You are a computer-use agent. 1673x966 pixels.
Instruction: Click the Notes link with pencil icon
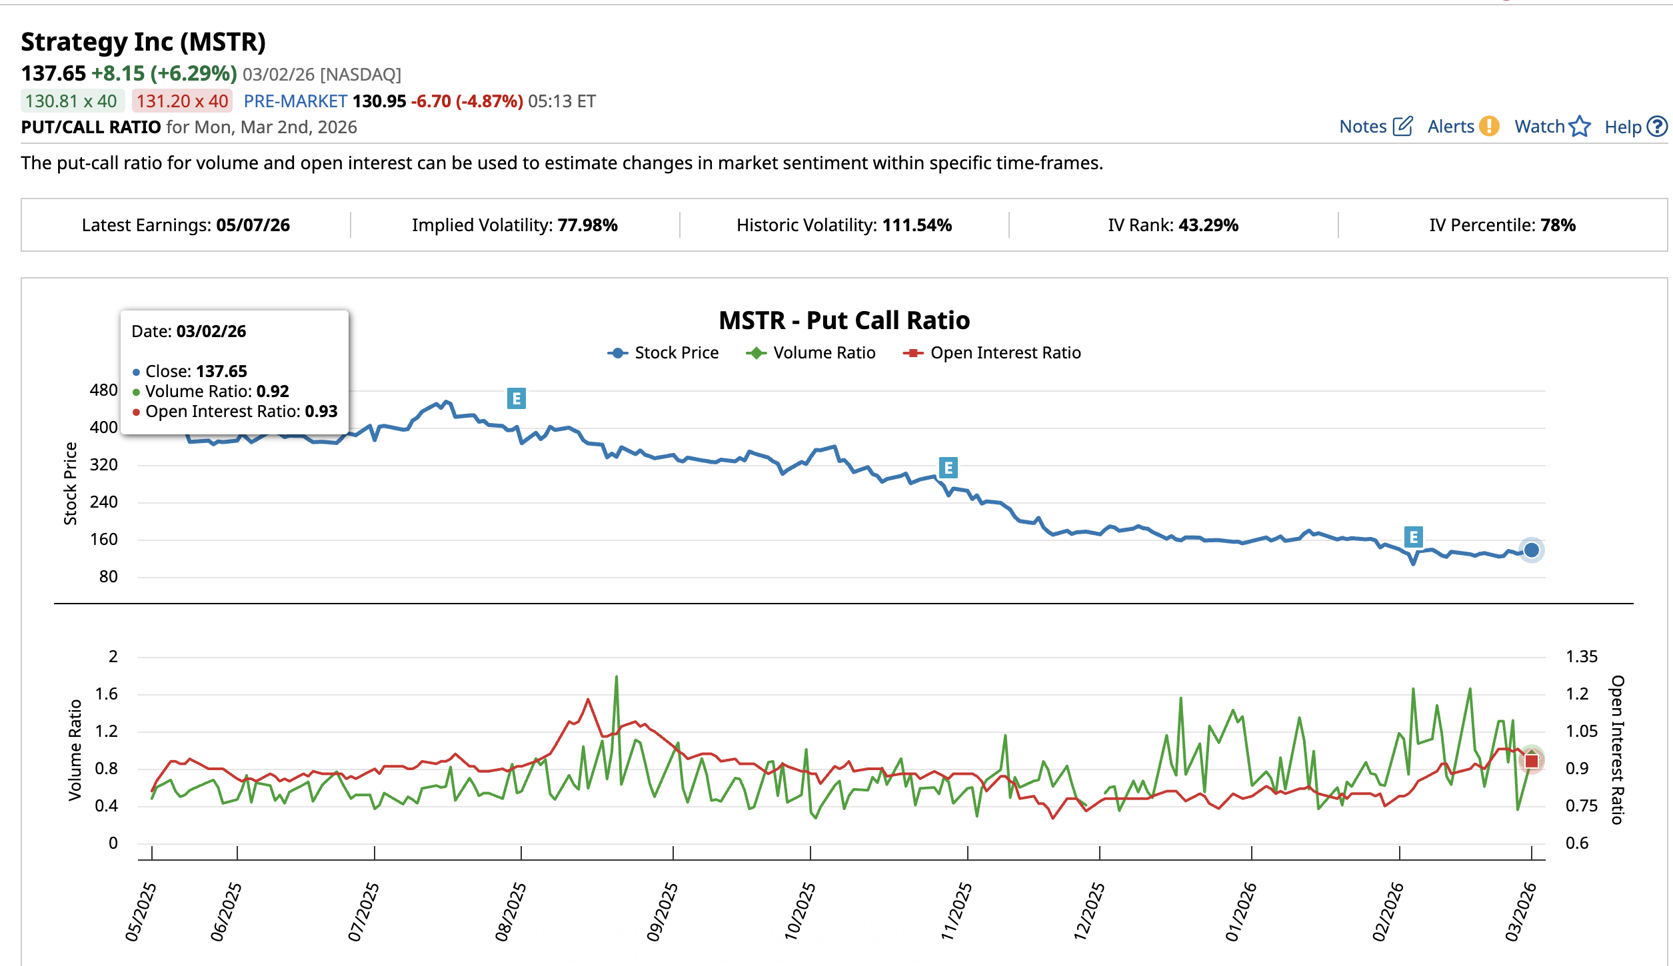pyautogui.click(x=1375, y=127)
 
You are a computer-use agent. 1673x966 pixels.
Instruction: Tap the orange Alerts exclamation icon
pyautogui.click(x=1488, y=126)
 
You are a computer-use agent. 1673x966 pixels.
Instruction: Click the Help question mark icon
pyautogui.click(x=1656, y=127)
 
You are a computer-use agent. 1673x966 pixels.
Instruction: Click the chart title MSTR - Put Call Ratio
pyautogui.click(x=844, y=320)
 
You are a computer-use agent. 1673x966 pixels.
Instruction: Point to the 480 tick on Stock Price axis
pyautogui.click(x=103, y=390)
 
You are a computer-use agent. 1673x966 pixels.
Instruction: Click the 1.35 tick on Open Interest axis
pyautogui.click(x=1581, y=657)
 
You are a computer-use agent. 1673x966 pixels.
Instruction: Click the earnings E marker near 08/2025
pyautogui.click(x=517, y=398)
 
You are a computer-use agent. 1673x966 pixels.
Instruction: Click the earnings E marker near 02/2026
pyautogui.click(x=1413, y=537)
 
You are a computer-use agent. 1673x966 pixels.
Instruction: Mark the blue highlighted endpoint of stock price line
pyautogui.click(x=1531, y=550)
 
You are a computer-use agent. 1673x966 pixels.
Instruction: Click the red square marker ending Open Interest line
pyautogui.click(x=1531, y=761)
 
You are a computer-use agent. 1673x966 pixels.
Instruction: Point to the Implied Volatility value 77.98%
pyautogui.click(x=587, y=225)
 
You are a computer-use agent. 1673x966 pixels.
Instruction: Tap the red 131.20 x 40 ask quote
pyautogui.click(x=182, y=101)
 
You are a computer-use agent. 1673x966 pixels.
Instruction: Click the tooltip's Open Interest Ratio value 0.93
pyautogui.click(x=321, y=412)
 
